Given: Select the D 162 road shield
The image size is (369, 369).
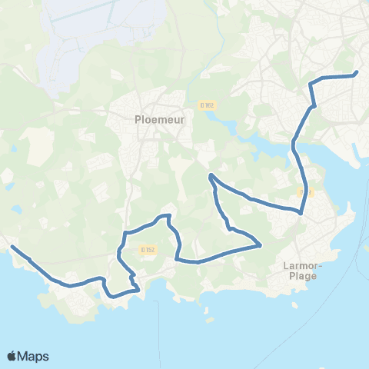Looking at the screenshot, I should click(x=205, y=105).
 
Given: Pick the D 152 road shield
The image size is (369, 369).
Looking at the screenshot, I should click(x=145, y=249).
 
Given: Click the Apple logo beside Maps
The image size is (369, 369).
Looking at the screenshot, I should click(x=12, y=356).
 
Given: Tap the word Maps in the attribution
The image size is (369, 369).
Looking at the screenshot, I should click(x=33, y=356).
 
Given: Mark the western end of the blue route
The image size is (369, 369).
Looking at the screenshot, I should click(x=12, y=247).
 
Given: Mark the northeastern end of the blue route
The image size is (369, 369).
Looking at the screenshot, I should click(x=357, y=74).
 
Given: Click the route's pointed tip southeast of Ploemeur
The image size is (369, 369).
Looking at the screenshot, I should click(x=211, y=177).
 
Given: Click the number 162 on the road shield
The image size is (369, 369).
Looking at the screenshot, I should click(x=208, y=105).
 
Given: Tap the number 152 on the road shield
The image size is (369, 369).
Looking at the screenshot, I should click(x=148, y=249).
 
